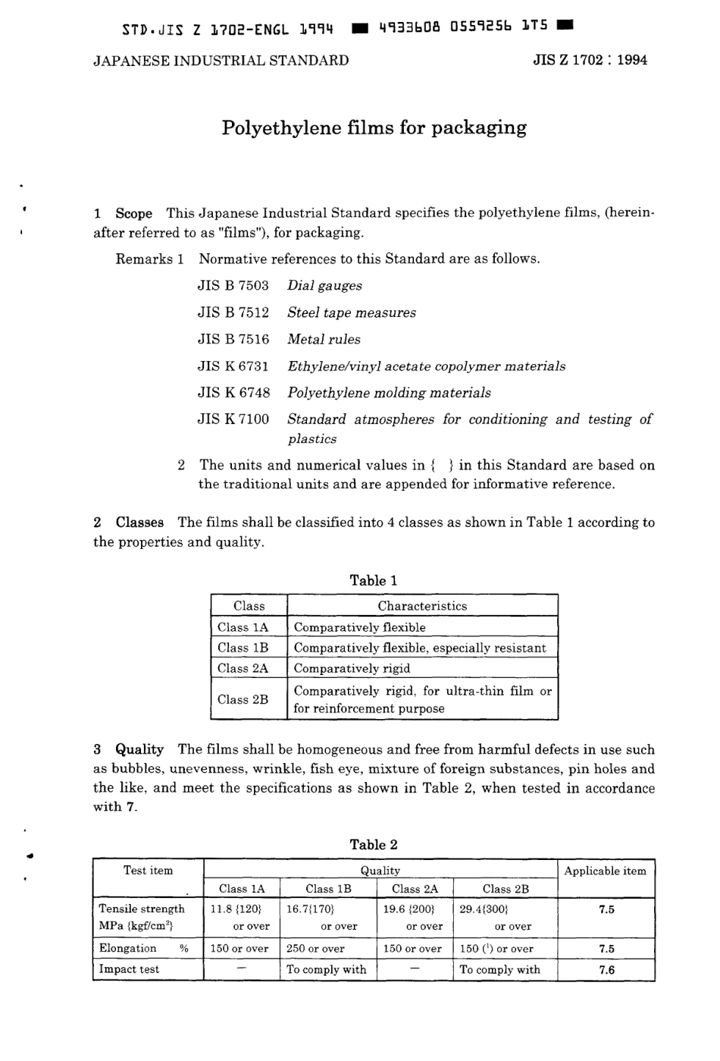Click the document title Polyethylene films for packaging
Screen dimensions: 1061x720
(374, 127)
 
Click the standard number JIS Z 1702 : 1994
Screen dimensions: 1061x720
(590, 61)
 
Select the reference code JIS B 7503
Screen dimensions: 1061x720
(233, 286)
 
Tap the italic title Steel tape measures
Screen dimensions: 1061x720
(352, 312)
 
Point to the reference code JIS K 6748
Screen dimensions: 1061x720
(233, 393)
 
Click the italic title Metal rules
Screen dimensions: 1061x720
(324, 339)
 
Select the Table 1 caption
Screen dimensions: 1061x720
(374, 580)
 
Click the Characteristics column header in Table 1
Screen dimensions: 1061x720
(422, 606)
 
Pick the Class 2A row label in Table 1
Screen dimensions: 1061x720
(243, 668)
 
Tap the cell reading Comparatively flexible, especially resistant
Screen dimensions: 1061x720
(419, 648)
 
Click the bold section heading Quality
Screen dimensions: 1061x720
(139, 749)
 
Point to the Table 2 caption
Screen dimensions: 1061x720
(374, 844)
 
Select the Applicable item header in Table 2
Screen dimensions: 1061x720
(605, 871)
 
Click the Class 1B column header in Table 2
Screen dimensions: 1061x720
(328, 889)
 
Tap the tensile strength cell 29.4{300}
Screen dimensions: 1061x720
(484, 909)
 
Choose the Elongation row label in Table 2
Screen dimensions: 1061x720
(128, 948)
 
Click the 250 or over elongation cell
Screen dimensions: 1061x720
(315, 949)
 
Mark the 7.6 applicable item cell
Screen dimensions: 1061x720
(606, 970)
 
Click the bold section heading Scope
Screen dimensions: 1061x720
(133, 213)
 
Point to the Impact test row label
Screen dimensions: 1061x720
(129, 969)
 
